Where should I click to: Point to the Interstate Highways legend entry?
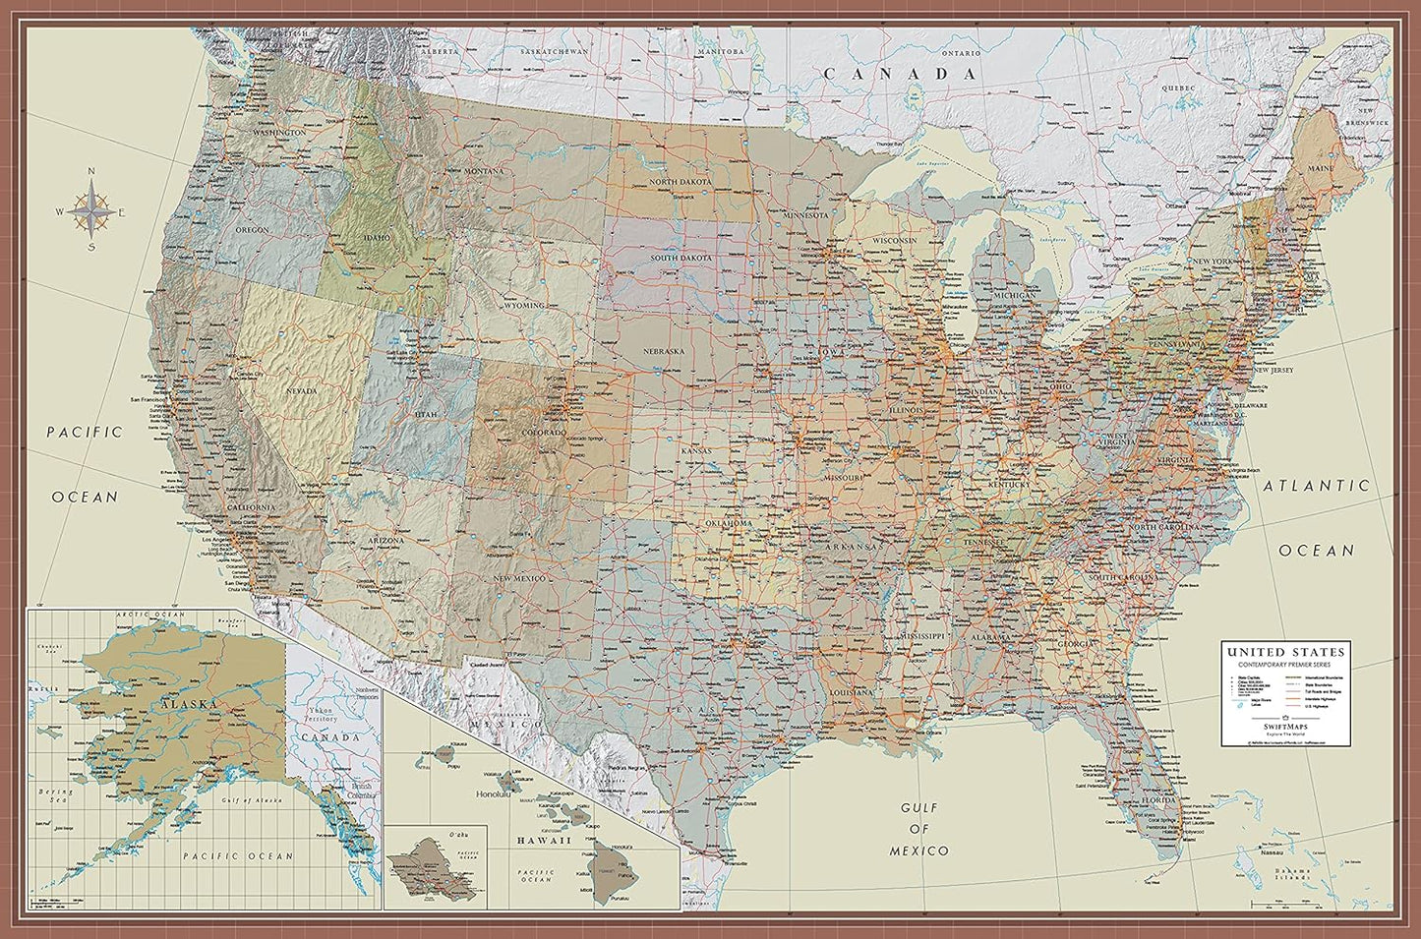point(1324,700)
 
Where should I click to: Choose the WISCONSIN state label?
point(892,241)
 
